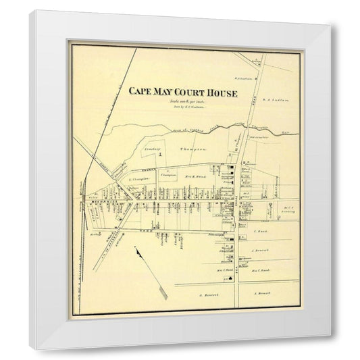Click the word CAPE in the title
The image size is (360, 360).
(140, 93)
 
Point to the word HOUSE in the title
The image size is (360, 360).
(224, 93)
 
